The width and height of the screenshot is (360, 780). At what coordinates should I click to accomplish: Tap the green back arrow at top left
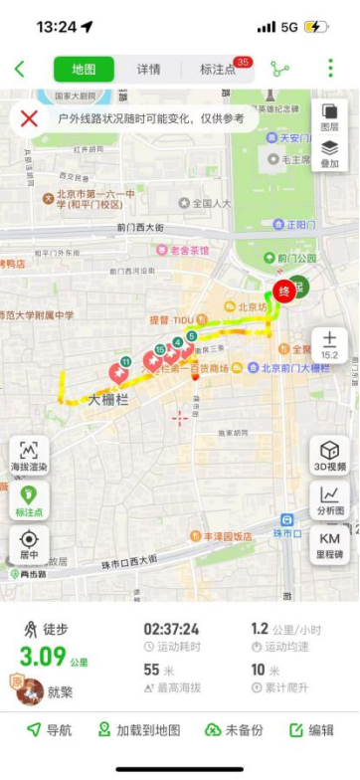point(19,69)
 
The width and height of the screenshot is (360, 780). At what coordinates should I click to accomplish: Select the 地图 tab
point(84,69)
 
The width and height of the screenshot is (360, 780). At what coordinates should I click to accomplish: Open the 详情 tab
point(148,69)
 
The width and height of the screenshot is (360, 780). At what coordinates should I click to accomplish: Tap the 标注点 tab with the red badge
point(219,69)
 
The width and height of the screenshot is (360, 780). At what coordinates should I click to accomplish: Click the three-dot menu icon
point(331,69)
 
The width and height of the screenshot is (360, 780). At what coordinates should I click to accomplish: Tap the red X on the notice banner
point(30,118)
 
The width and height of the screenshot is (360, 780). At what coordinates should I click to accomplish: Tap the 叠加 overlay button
point(329,154)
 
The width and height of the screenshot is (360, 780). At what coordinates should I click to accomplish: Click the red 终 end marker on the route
point(283,292)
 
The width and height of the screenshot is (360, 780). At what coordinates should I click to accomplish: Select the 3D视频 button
point(330,456)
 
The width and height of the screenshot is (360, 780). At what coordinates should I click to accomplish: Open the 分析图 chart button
point(330,499)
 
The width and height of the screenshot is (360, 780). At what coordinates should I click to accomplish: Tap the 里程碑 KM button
point(330,544)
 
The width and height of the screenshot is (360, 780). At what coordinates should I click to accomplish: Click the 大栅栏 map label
point(108,400)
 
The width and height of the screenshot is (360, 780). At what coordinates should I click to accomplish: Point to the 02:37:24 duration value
point(171,629)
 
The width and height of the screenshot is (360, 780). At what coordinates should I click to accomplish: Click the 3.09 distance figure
point(43,657)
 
